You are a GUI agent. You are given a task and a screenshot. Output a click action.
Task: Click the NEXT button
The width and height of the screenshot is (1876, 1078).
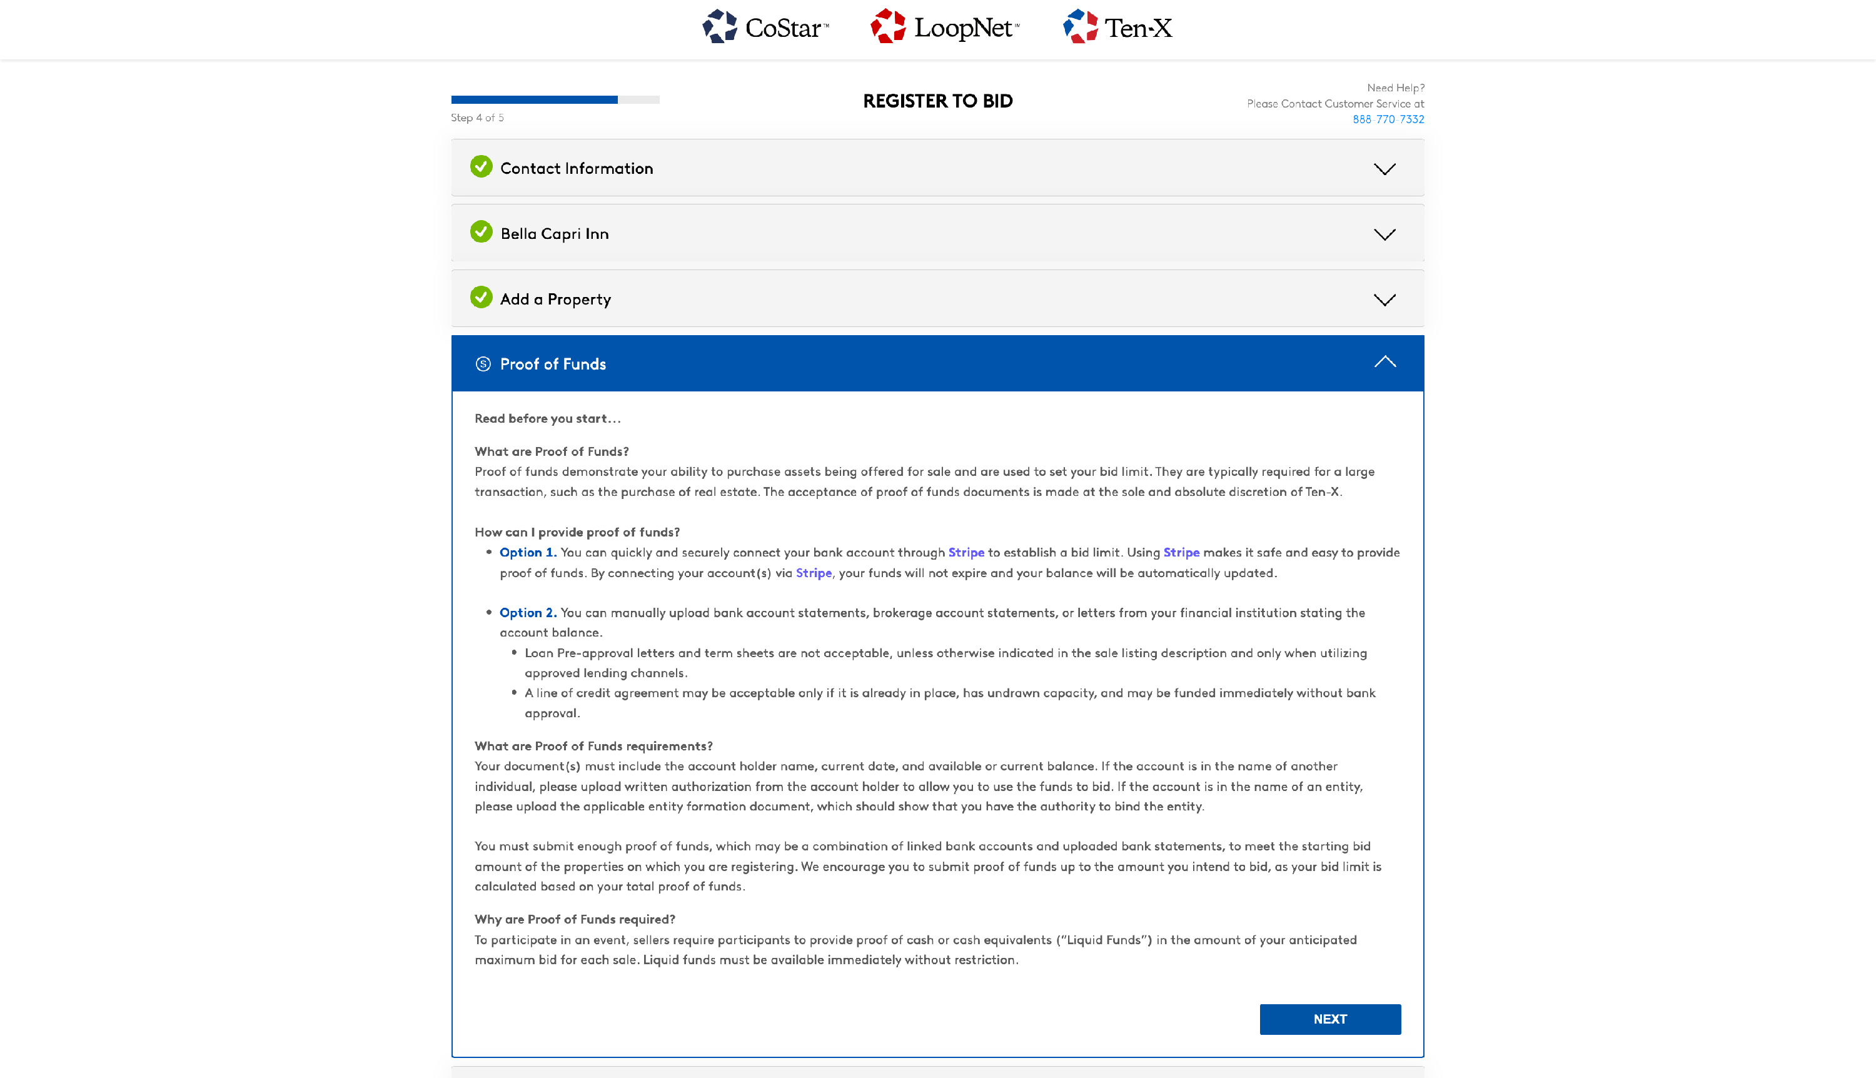[1329, 1019]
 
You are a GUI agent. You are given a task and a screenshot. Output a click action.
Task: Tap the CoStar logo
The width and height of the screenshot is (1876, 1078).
[765, 28]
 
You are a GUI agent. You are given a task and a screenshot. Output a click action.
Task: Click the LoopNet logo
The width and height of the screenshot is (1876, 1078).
[945, 28]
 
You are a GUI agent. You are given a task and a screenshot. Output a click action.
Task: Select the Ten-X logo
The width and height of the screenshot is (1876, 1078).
[1117, 28]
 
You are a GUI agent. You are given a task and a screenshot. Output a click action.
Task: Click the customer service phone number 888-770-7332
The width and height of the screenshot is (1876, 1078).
[1388, 119]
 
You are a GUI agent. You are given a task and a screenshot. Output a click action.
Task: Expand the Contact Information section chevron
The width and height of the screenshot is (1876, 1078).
[1384, 169]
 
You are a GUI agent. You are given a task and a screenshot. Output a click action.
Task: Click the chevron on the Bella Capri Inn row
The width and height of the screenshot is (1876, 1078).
[1384, 234]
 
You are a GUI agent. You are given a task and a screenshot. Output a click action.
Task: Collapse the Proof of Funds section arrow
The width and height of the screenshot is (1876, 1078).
[1384, 362]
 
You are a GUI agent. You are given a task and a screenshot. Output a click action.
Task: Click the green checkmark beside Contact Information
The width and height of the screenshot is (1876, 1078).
[482, 166]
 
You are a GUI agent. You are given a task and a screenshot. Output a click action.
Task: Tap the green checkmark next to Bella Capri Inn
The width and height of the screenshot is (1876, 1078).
[482, 232]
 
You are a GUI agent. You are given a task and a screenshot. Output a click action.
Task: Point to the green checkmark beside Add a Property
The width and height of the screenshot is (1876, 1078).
[482, 298]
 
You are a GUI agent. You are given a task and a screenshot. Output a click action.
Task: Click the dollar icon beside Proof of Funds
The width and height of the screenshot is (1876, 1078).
[483, 363]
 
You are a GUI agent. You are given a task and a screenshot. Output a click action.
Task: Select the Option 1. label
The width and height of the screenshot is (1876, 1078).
[528, 552]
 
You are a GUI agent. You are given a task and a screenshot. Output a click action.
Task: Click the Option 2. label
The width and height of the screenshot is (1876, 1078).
[528, 612]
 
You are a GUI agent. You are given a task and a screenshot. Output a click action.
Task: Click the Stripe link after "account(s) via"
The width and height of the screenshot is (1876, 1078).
[814, 572]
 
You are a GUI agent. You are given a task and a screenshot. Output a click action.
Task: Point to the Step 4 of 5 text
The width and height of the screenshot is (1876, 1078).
[478, 118]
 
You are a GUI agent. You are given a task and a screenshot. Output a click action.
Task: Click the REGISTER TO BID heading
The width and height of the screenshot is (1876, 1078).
[937, 101]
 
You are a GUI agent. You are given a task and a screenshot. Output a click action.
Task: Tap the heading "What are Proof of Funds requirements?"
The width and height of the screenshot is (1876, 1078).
[593, 745]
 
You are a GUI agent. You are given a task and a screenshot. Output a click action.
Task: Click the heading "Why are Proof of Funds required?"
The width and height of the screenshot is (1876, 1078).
[575, 919]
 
